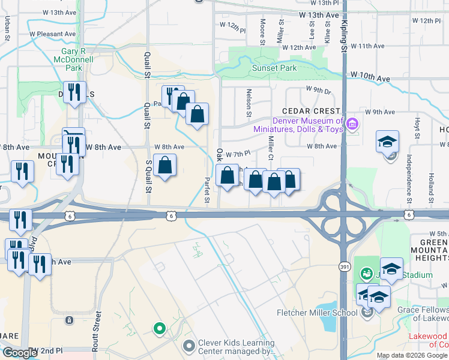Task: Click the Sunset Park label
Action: click(x=274, y=68)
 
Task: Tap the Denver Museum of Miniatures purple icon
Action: click(x=352, y=125)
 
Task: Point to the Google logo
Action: click(x=19, y=353)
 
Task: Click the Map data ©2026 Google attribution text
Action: click(x=412, y=355)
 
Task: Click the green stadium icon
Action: click(x=366, y=274)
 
